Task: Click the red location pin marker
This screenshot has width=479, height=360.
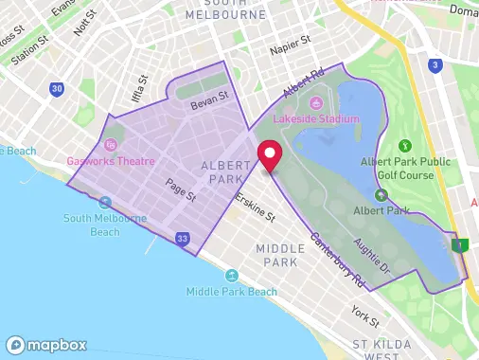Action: pos(270,155)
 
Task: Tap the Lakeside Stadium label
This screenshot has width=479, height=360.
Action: pos(316,118)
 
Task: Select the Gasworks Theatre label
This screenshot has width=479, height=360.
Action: pos(111,162)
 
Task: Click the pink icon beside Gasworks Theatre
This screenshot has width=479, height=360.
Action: pos(111,145)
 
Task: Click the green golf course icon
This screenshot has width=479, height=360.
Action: pos(405,146)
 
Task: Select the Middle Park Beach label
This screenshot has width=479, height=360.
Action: pos(232,292)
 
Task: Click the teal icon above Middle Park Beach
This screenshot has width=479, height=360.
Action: pos(232,275)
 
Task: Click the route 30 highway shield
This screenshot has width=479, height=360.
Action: pos(58,89)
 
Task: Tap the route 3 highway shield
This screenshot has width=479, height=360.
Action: pos(435,65)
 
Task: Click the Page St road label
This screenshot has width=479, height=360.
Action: pos(180,189)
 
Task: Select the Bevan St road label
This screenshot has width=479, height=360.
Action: pos(209,98)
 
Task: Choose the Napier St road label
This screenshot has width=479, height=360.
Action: pos(292,41)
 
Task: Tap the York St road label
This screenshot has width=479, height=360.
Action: pos(364,312)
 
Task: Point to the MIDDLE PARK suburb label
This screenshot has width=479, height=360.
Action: pos(281,254)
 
